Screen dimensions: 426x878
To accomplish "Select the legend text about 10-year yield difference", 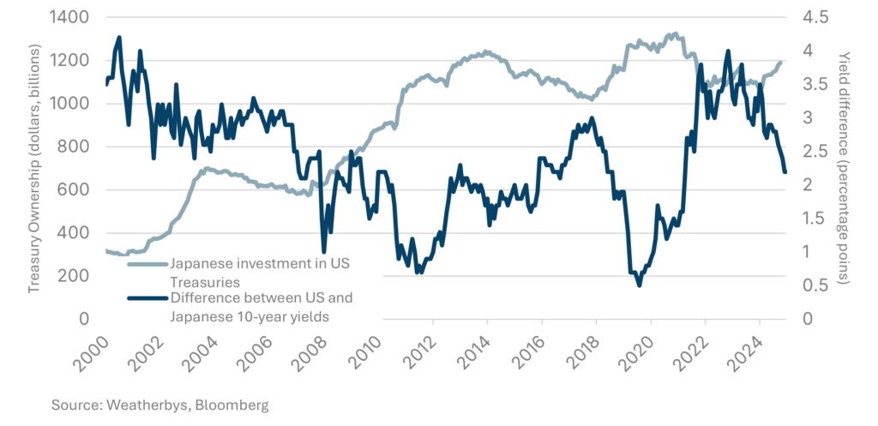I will (x=262, y=307).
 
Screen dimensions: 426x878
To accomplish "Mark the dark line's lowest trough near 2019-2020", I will (x=639, y=285).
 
